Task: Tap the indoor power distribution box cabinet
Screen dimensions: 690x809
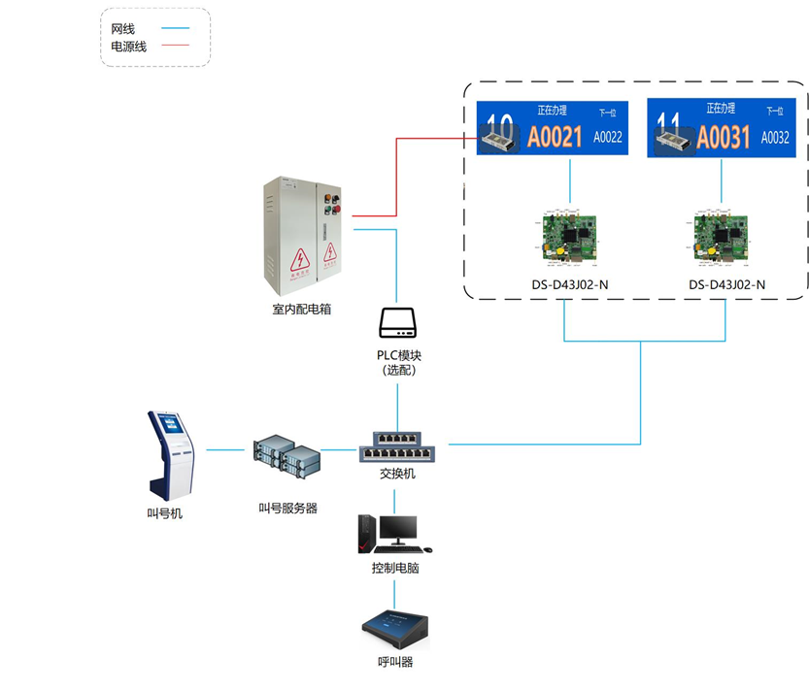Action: point(302,237)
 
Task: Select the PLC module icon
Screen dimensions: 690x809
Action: point(397,323)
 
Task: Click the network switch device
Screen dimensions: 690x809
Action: point(397,447)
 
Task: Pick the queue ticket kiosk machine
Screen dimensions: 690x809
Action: point(171,455)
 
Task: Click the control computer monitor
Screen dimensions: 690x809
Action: point(397,530)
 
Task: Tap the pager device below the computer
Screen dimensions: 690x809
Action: point(395,631)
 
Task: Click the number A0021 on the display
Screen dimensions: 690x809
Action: point(555,138)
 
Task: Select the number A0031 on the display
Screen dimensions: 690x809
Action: point(725,138)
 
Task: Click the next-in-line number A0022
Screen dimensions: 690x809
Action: point(608,138)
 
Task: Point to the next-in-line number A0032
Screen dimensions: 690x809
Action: point(775,138)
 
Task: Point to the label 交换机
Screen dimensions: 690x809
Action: point(397,474)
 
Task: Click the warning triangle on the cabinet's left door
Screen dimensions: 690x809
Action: point(300,259)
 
